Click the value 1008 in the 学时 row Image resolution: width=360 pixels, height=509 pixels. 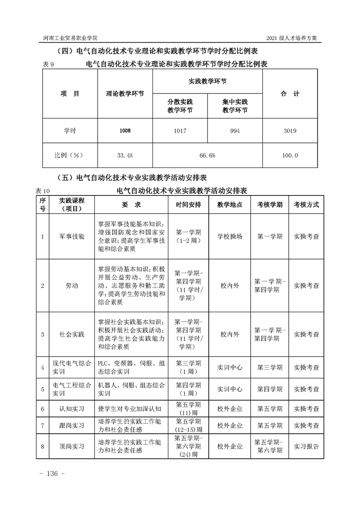click(x=125, y=131)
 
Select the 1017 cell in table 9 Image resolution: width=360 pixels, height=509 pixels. click(x=180, y=131)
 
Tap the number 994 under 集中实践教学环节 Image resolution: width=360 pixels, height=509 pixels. click(x=235, y=131)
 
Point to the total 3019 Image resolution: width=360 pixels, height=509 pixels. click(x=290, y=131)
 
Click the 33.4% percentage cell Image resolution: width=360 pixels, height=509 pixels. click(x=125, y=155)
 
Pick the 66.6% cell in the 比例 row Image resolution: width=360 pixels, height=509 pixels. click(x=207, y=155)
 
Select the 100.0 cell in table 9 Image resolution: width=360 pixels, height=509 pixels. click(x=290, y=155)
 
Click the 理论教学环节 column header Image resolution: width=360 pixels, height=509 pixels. click(x=125, y=94)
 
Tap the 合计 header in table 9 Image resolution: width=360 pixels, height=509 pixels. click(x=290, y=94)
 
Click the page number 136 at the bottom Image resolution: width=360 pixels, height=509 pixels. click(x=53, y=474)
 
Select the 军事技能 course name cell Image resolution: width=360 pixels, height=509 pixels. click(x=72, y=237)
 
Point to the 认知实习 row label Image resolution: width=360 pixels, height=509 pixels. click(x=72, y=409)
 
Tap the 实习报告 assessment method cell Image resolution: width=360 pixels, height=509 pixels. click(x=306, y=446)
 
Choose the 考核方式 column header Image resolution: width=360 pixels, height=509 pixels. click(x=306, y=205)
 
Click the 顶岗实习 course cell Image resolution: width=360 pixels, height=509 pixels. click(x=72, y=446)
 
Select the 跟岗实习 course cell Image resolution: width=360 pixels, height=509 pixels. click(x=72, y=426)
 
